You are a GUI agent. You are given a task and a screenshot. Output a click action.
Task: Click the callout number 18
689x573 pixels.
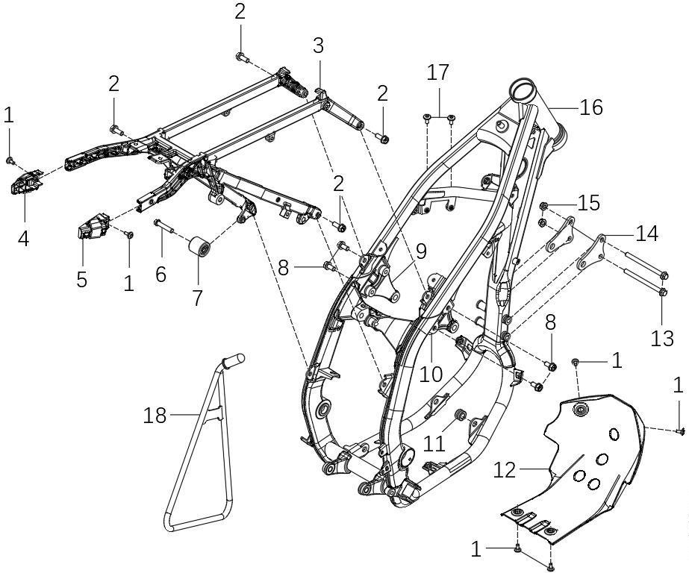155,415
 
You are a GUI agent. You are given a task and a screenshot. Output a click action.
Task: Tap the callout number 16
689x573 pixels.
590,107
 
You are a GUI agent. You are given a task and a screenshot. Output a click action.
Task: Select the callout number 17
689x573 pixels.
438,72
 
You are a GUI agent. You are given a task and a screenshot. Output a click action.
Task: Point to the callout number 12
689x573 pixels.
505,471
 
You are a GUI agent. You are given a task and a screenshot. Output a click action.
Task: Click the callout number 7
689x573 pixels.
197,297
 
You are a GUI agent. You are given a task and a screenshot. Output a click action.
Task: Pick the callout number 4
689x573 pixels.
23,238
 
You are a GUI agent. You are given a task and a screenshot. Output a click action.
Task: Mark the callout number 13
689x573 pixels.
662,338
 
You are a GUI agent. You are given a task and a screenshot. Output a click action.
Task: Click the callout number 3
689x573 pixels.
318,46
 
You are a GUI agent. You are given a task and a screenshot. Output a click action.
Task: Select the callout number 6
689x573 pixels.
160,273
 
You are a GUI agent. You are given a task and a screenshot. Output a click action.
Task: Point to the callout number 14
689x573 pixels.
647,234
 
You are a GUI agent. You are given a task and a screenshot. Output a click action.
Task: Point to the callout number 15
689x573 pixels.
588,203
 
